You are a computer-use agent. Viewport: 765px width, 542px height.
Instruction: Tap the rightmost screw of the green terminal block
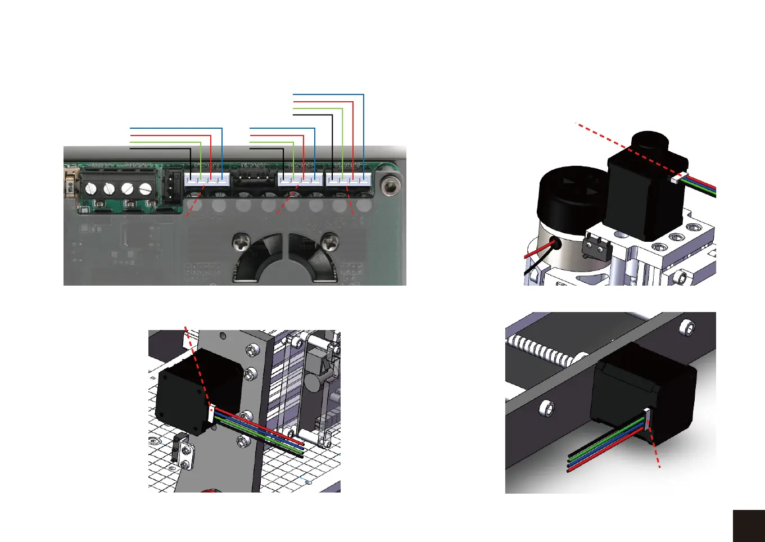tap(146, 188)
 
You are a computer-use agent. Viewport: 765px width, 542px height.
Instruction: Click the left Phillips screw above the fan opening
tap(241, 243)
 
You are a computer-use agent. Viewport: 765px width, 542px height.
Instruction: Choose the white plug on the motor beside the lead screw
tap(647, 419)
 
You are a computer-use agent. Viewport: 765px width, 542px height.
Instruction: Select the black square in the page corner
tap(749, 526)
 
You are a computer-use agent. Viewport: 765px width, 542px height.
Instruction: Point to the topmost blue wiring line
tap(329, 94)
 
